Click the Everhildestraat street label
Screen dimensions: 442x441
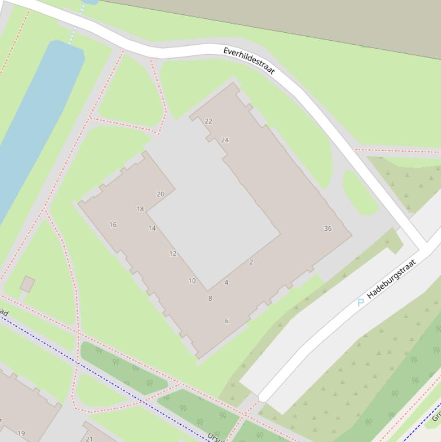pyautogui.click(x=249, y=61)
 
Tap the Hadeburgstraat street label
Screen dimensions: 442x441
pyautogui.click(x=391, y=278)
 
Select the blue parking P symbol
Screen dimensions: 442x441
pyautogui.click(x=361, y=303)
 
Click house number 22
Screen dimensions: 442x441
pyautogui.click(x=208, y=121)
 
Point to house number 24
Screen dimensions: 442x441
pyautogui.click(x=225, y=139)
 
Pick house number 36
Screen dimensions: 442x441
pyautogui.click(x=327, y=228)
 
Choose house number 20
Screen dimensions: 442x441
pyautogui.click(x=161, y=194)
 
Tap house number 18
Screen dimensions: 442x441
pyautogui.click(x=140, y=209)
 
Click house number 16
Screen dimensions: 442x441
pyautogui.click(x=113, y=224)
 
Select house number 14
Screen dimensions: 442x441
pyautogui.click(x=152, y=228)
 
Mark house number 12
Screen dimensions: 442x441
pyautogui.click(x=173, y=253)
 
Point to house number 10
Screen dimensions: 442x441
pyautogui.click(x=192, y=281)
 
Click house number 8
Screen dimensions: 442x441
pyautogui.click(x=210, y=298)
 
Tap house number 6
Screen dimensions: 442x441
pyautogui.click(x=227, y=321)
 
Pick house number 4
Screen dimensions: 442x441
pyautogui.click(x=227, y=282)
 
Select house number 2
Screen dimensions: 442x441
pyautogui.click(x=251, y=262)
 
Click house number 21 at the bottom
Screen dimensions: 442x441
pyautogui.click(x=89, y=439)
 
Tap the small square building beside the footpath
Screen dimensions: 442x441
pyautogui.click(x=27, y=284)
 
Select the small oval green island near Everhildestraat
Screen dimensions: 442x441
pyautogui.click(x=360, y=192)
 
